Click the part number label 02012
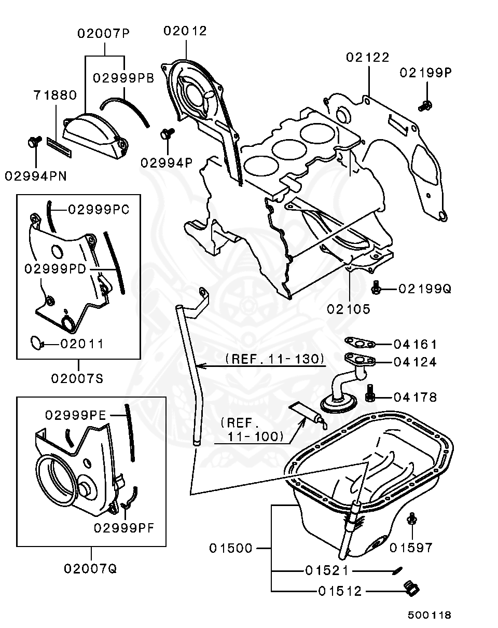coord(185,31)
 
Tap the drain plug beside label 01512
coord(411,589)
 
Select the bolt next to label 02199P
coord(425,105)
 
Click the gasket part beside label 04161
coord(361,343)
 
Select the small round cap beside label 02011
coord(36,342)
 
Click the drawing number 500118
coord(429,615)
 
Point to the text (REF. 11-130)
coord(275,359)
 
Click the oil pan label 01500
coord(231,548)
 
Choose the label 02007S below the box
coord(77,378)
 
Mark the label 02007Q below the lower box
coord(91,568)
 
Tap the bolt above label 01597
coord(412,519)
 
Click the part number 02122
coord(368,57)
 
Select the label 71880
coord(55,95)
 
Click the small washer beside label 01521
coord(397,571)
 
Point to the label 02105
coord(349,309)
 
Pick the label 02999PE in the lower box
coord(76,415)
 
